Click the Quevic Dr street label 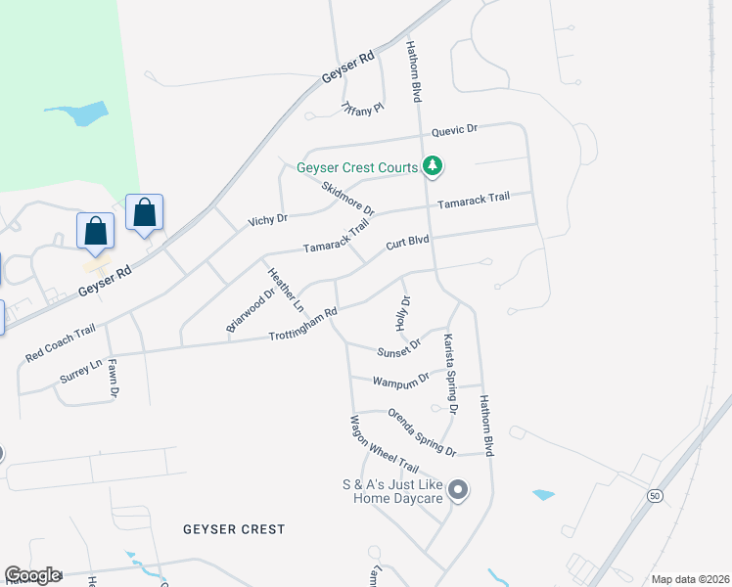(x=455, y=129)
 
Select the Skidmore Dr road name (x=348, y=198)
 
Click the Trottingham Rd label (x=303, y=325)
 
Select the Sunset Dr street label (x=398, y=347)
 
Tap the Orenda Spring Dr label (x=421, y=432)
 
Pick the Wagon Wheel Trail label (x=384, y=444)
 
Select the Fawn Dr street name (x=113, y=379)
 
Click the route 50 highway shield (x=653, y=496)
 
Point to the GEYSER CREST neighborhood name (x=234, y=529)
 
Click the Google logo (x=32, y=575)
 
